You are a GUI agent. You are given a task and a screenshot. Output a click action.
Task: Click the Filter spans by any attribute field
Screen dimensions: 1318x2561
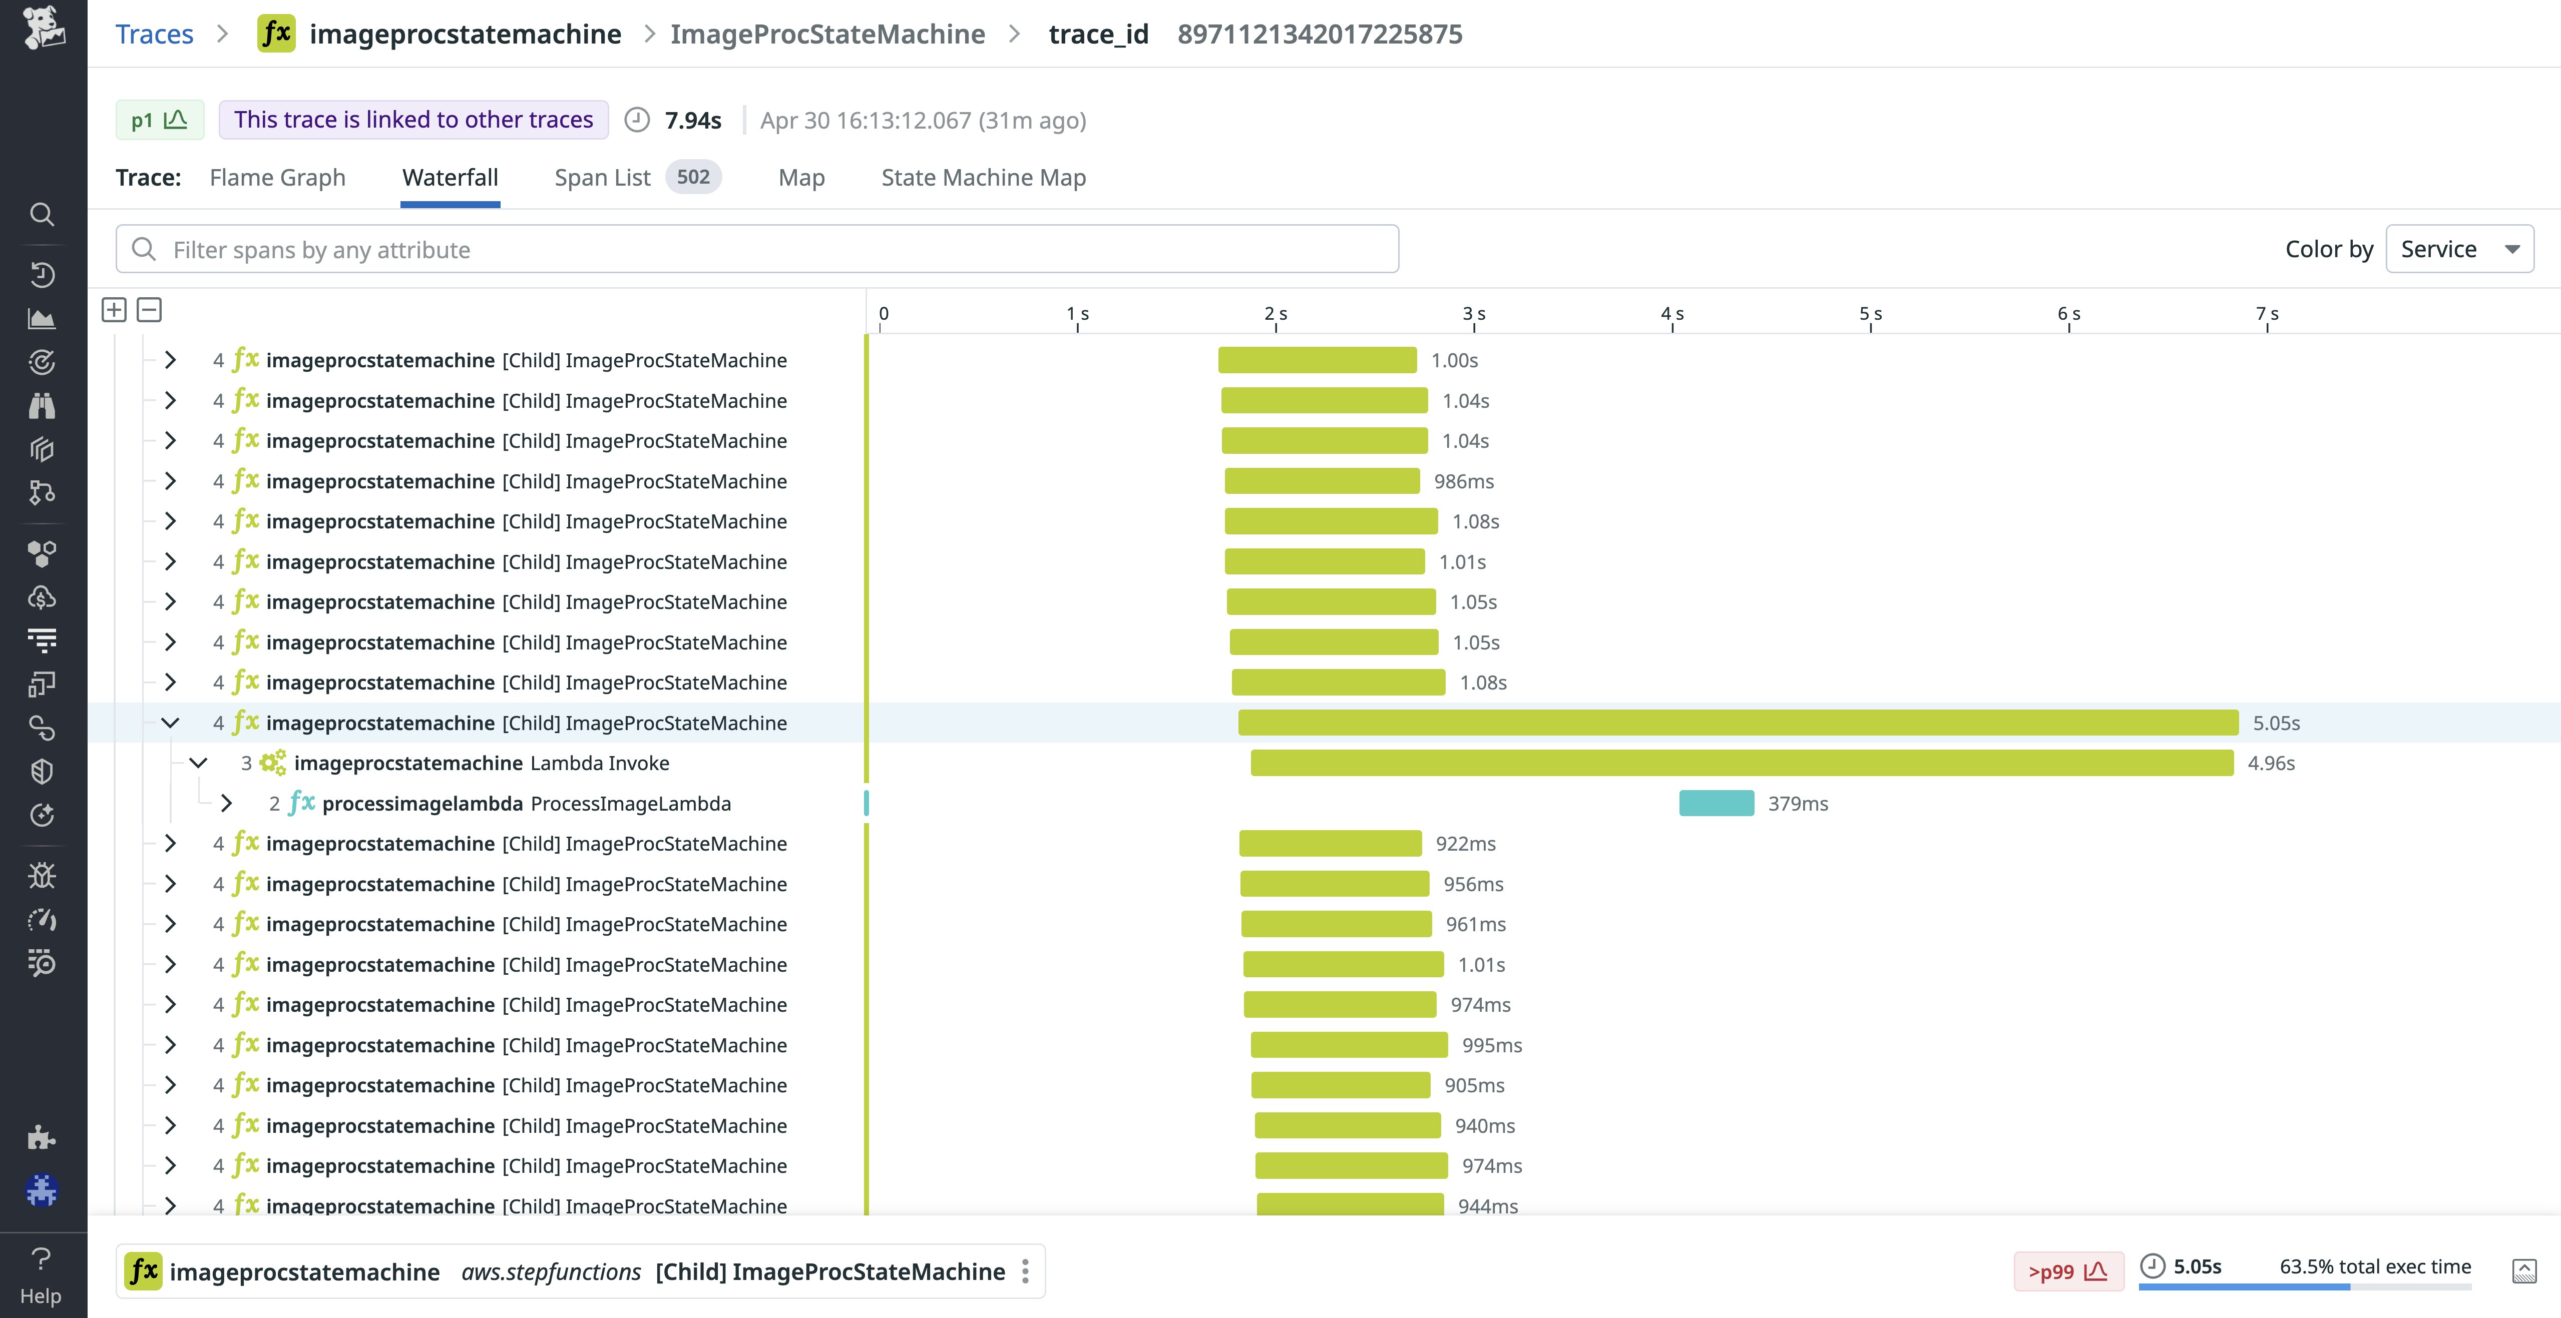pos(755,250)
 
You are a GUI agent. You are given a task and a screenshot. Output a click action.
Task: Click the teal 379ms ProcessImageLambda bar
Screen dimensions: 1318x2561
pos(1716,803)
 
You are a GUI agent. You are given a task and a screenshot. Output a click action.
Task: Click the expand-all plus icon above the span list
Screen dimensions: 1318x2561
pos(114,310)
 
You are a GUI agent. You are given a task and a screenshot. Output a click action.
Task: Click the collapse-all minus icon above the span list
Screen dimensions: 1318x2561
pos(149,310)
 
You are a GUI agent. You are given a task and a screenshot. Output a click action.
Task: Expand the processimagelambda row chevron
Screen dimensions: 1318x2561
pos(227,803)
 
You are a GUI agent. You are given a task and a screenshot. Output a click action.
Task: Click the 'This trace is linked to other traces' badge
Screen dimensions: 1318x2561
pos(413,120)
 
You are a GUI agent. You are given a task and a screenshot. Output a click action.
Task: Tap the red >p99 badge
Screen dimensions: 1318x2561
pos(2067,1271)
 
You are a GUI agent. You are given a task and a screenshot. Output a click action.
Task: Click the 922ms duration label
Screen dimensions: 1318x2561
pos(1465,844)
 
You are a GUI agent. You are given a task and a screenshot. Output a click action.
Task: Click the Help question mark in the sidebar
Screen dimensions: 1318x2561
pos(41,1259)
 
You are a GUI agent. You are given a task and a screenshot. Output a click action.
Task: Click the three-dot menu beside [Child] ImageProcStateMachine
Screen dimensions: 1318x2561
pos(1025,1271)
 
